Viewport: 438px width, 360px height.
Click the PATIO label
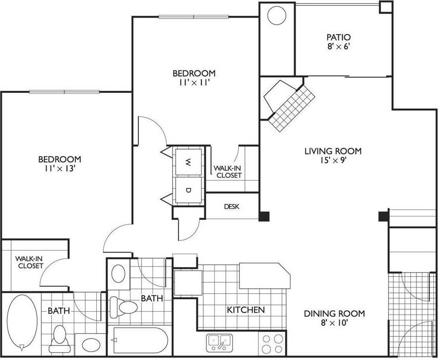click(338, 37)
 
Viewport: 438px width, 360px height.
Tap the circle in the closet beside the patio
click(276, 16)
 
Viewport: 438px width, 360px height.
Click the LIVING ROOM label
click(333, 151)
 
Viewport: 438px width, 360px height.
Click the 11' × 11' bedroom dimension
click(195, 83)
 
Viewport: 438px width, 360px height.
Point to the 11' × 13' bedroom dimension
click(60, 169)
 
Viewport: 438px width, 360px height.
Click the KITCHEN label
click(246, 310)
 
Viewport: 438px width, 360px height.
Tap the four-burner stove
click(273, 344)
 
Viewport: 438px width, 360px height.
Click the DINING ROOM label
click(334, 314)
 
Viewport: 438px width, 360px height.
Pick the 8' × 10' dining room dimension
click(334, 324)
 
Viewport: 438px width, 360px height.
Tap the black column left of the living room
click(264, 216)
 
